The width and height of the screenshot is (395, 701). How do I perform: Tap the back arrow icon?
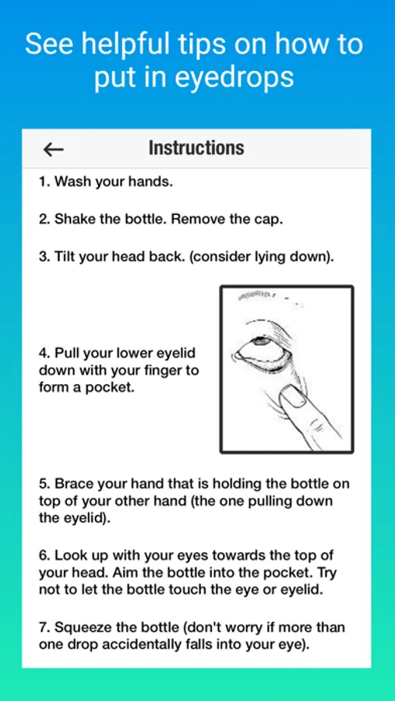[53, 150]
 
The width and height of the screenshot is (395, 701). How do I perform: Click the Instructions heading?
[196, 148]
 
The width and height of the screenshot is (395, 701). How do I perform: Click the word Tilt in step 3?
[64, 258]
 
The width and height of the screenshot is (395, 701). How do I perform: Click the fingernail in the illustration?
[293, 396]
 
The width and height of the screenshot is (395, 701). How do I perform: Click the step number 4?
[44, 353]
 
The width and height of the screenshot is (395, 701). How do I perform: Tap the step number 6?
[44, 556]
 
